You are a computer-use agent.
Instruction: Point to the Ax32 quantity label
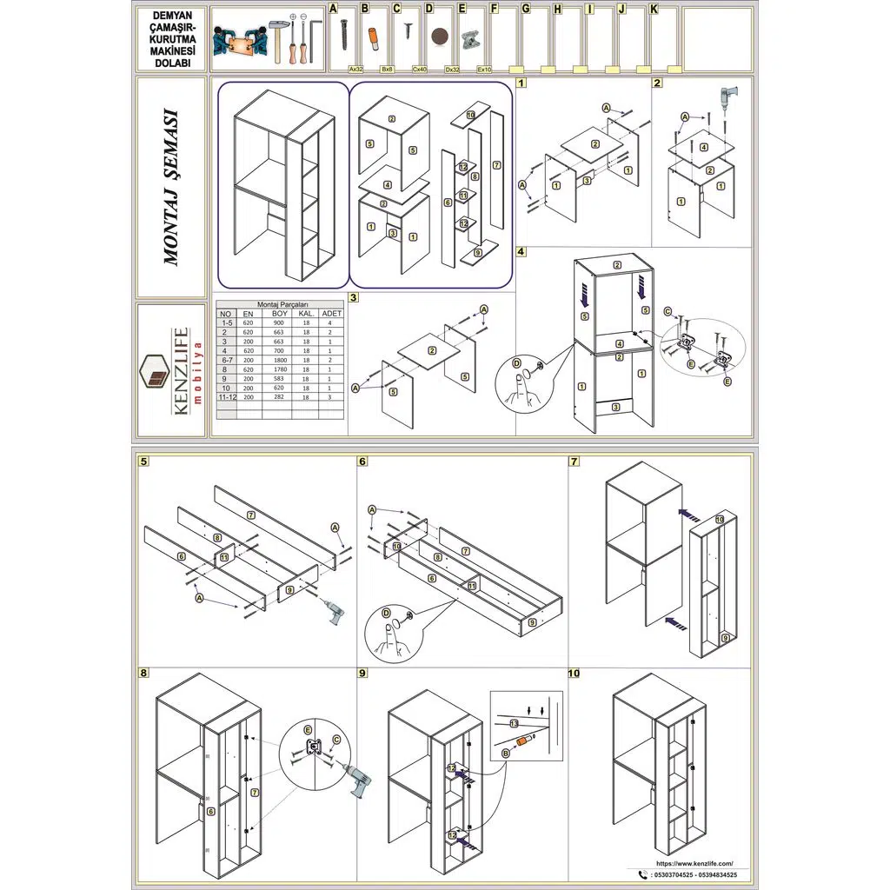point(355,68)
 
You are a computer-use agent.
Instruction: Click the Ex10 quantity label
point(484,68)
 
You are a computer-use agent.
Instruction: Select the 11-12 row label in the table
point(227,396)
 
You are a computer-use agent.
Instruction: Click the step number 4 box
point(521,252)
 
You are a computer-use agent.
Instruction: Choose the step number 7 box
point(575,462)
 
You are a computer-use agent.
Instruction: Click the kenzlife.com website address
point(687,863)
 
